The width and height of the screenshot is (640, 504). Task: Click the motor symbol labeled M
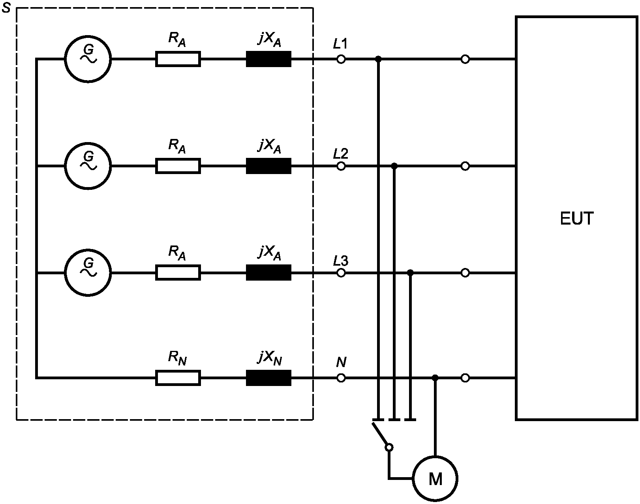pyautogui.click(x=435, y=479)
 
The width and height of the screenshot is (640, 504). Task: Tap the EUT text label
pyautogui.click(x=577, y=219)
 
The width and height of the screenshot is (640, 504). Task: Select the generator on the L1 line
pyautogui.click(x=88, y=59)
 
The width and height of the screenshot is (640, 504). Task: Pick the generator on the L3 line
pyautogui.click(x=88, y=272)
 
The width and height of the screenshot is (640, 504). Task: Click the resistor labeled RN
pyautogui.click(x=178, y=378)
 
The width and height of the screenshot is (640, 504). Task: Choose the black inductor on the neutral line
pyautogui.click(x=268, y=378)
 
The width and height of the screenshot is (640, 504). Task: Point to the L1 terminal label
pyautogui.click(x=340, y=44)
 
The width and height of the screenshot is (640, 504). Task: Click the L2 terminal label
pyautogui.click(x=340, y=154)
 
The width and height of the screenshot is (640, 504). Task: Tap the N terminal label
pyautogui.click(x=341, y=362)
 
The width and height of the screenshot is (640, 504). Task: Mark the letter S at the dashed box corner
pyautogui.click(x=6, y=8)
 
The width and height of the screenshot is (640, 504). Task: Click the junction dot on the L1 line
pyautogui.click(x=378, y=59)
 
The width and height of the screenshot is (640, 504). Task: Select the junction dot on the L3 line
pyautogui.click(x=410, y=272)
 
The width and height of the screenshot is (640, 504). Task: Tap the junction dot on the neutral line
pyautogui.click(x=435, y=378)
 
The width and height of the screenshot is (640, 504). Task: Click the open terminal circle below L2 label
pyautogui.click(x=341, y=166)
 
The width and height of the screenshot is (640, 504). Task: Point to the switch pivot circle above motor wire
pyautogui.click(x=389, y=447)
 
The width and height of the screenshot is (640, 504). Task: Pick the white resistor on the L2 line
pyautogui.click(x=178, y=166)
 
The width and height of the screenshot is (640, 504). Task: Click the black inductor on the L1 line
pyautogui.click(x=268, y=59)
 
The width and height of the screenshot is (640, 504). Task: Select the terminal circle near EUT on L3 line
pyautogui.click(x=465, y=272)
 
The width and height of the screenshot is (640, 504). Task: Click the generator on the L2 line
pyautogui.click(x=88, y=166)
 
